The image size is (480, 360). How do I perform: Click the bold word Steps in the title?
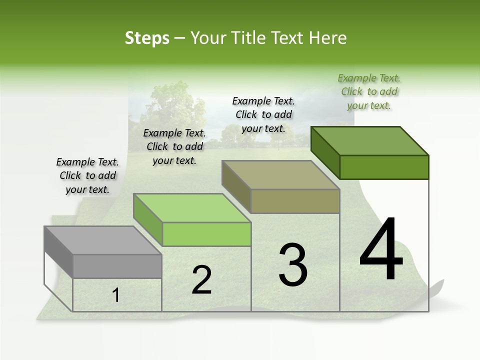coord(147,38)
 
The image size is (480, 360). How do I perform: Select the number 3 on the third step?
coord(293,265)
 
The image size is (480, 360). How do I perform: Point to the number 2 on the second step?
coord(202,280)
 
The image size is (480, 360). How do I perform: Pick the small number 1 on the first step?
coord(116,295)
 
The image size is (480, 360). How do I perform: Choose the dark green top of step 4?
coord(370,141)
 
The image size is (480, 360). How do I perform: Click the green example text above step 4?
coord(369,91)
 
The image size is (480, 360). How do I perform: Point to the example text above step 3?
coord(263,114)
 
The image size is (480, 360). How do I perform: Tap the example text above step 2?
coord(174,146)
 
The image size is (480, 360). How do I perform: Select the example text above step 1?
coord(87,175)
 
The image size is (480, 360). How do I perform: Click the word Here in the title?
coord(328,38)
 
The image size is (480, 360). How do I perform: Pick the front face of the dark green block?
coord(384,167)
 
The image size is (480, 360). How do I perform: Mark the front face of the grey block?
coord(117,266)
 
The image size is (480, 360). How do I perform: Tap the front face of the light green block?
coord(206,234)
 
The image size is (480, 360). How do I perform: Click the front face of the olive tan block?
coord(295,201)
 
